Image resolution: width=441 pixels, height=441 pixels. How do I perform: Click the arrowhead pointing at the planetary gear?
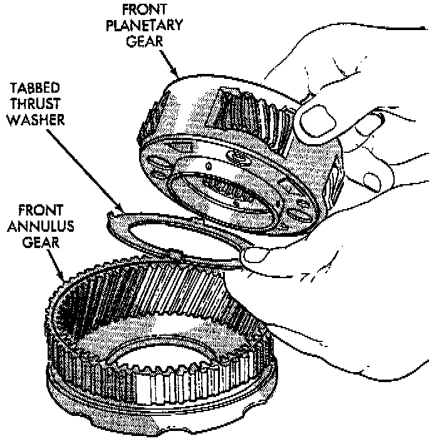point(178,75)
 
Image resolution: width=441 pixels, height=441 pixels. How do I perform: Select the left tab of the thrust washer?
point(113,217)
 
